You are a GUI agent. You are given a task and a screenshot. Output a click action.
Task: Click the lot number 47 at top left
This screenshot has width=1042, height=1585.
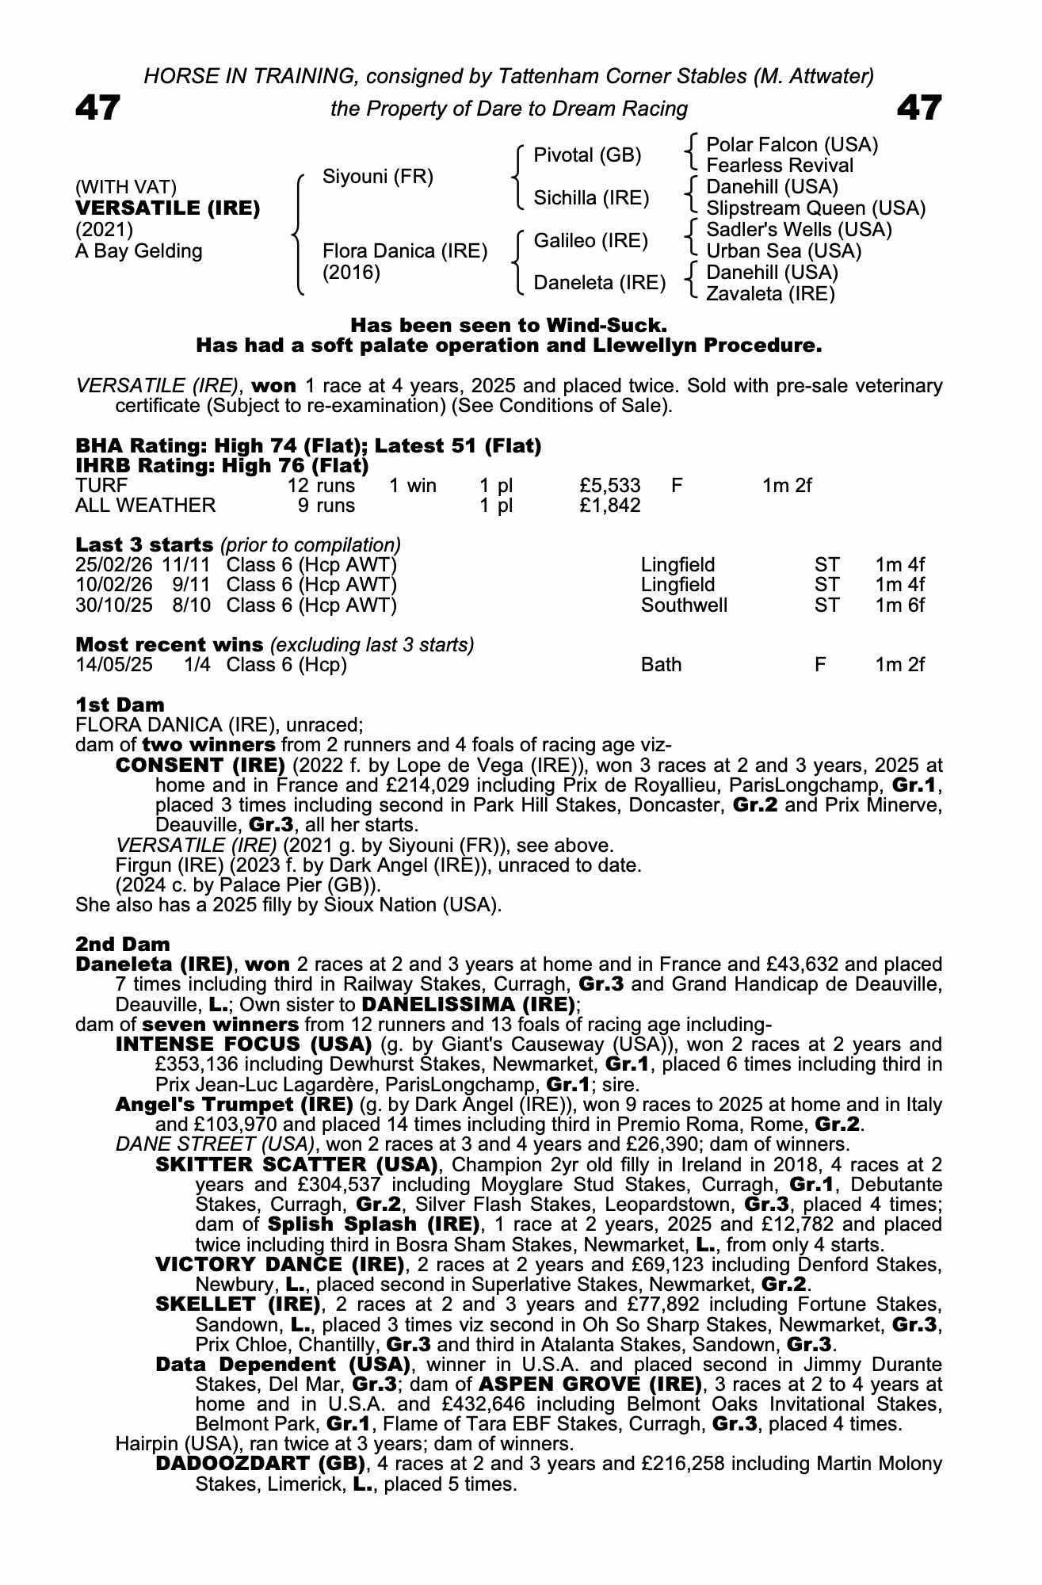[x=97, y=108]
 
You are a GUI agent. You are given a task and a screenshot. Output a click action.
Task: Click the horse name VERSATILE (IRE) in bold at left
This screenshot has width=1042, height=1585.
[x=167, y=208]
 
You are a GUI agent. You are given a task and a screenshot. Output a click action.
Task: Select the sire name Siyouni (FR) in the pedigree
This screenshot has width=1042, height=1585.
[x=377, y=177]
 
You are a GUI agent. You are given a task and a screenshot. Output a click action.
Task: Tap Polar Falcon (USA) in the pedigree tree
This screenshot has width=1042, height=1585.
[x=792, y=145]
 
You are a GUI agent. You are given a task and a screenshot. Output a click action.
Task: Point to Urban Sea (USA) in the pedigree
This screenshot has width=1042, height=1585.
[x=783, y=251]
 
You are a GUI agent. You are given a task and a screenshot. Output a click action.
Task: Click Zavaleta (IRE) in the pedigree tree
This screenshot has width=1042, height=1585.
[x=770, y=294]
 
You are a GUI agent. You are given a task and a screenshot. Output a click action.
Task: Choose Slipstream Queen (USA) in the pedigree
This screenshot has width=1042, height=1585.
[x=815, y=208]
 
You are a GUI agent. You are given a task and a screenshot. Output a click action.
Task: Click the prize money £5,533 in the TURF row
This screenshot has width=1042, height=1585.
[x=609, y=485]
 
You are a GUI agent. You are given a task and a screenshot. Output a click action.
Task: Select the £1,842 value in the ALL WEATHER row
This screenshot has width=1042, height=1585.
[x=609, y=506]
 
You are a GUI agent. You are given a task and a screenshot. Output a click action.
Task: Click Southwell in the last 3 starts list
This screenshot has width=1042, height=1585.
[x=684, y=605]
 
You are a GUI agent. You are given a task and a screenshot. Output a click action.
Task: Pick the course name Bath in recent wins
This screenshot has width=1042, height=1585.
[x=661, y=665]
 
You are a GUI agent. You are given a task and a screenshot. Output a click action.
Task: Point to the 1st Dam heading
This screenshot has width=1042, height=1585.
[x=120, y=705]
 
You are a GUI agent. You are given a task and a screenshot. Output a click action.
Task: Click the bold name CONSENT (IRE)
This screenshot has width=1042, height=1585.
[x=200, y=766]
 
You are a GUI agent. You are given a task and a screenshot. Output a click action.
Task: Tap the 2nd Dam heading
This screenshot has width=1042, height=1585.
[x=122, y=944]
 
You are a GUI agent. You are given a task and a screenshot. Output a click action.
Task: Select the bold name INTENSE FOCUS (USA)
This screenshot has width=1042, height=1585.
[x=244, y=1045]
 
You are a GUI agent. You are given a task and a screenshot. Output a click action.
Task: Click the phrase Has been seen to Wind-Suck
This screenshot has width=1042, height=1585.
[x=509, y=325]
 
